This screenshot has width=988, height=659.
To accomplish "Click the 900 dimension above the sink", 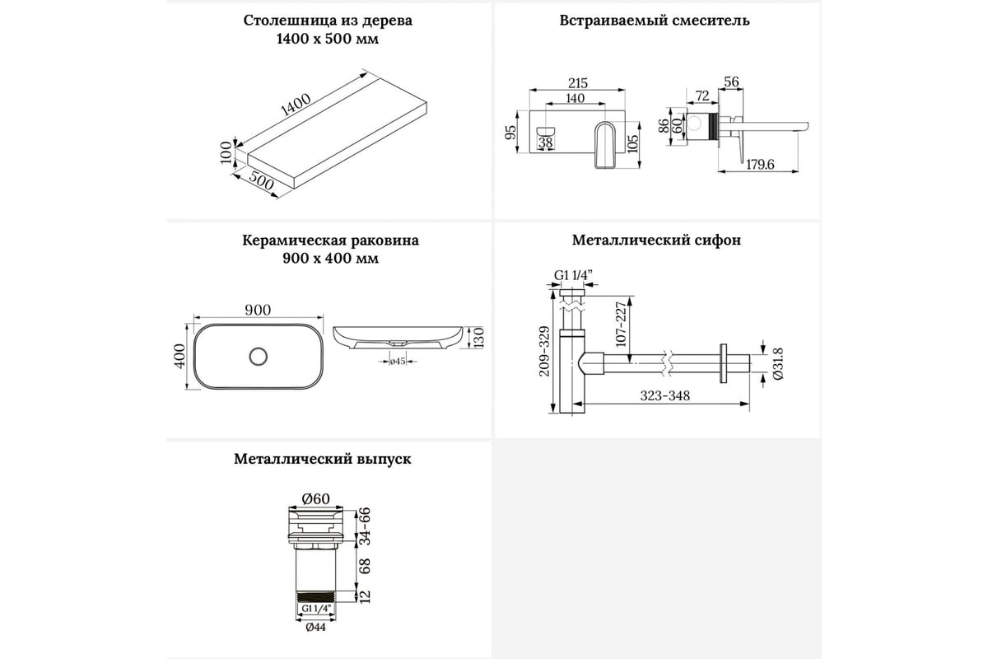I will point(258,310).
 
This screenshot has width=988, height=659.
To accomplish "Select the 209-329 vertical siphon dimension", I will point(543,350).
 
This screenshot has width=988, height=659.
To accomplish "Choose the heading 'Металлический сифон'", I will point(656,241).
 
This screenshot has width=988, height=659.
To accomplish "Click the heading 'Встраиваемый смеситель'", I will point(654,21).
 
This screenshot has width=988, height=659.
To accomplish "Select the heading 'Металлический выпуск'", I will point(322,459).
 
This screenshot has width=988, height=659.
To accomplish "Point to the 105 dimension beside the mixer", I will point(632,141).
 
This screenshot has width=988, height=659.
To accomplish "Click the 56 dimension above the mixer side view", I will point(731,82).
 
